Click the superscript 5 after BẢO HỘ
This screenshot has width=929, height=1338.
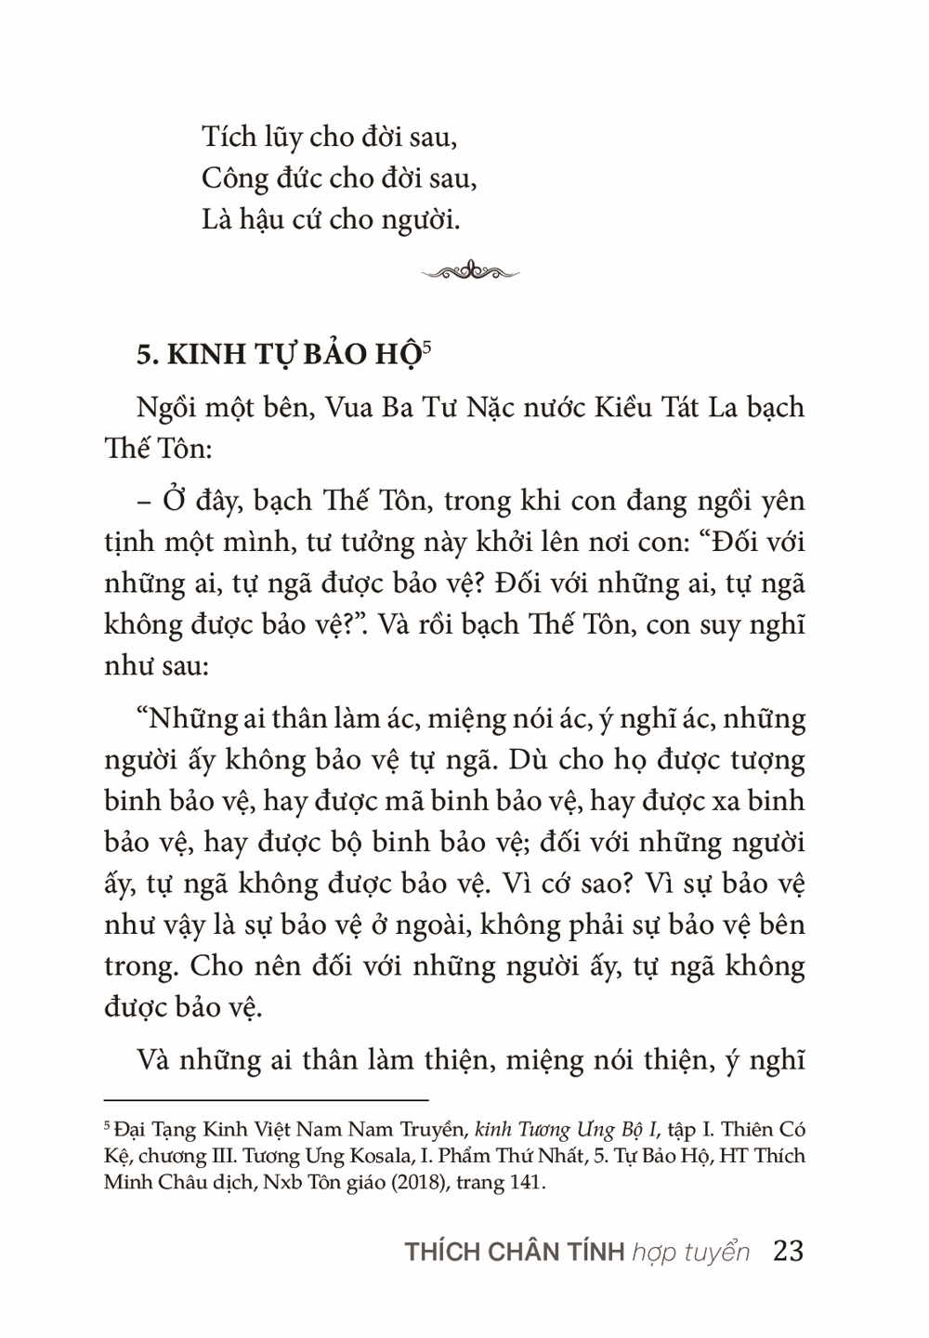(x=426, y=348)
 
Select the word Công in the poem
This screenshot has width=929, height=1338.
(x=232, y=178)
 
